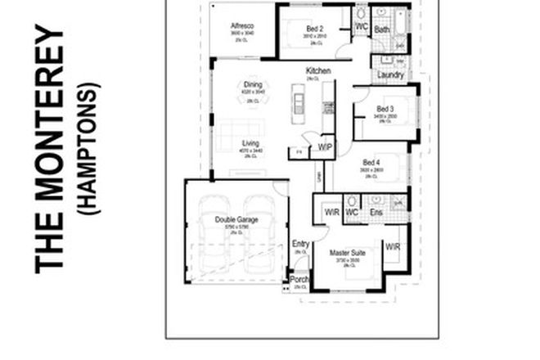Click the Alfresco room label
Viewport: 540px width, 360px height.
pos(242,25)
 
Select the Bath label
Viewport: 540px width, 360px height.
pos(381,29)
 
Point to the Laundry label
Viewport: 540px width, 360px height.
pos(390,75)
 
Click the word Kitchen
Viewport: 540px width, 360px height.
pos(318,71)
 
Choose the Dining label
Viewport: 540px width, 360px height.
pos(252,83)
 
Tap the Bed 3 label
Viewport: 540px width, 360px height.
pos(385,109)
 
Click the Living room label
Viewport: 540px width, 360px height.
pos(250,144)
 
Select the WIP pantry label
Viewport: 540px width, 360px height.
pos(325,147)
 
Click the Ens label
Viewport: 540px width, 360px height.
pos(376,213)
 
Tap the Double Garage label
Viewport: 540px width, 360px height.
pos(237,219)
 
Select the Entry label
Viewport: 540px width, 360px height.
pos(300,244)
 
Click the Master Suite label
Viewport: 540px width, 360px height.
pos(347,254)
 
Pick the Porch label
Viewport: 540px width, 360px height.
pos(300,280)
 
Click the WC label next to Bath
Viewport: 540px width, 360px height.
pos(361,27)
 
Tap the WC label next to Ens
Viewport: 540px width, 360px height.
pos(353,213)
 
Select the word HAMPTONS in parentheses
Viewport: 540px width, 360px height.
pos(91,147)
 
